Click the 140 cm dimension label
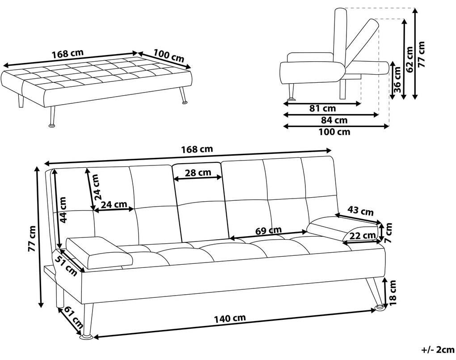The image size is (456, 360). (x=230, y=319)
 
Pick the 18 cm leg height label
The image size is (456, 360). (x=393, y=292)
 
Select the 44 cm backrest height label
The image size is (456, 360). (x=63, y=210)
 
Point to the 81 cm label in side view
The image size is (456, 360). (x=322, y=109)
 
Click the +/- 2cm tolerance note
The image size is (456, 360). (x=437, y=350)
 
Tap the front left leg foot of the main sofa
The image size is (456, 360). (x=86, y=337)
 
